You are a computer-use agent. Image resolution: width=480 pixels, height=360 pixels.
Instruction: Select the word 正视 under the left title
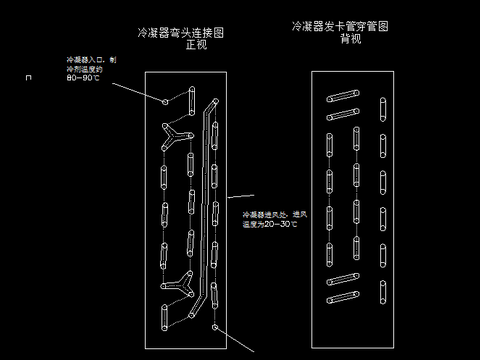point(196,45)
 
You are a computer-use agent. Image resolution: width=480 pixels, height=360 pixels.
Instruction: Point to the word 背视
point(351,39)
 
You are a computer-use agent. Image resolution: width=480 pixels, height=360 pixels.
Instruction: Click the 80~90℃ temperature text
point(82,78)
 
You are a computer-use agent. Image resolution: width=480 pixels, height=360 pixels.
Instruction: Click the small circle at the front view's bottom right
point(215,327)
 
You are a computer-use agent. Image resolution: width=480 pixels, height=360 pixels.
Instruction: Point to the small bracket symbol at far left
point(40,76)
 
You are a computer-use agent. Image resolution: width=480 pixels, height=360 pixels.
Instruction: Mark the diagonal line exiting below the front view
point(240,343)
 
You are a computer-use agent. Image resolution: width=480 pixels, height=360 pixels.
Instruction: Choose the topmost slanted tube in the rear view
point(343,97)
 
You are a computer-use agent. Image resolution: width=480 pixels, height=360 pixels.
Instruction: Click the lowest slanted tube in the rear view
point(343,297)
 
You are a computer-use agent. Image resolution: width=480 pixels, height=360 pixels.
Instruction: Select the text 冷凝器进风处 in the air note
point(262,214)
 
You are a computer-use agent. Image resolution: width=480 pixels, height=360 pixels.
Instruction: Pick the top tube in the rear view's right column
point(382,109)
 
